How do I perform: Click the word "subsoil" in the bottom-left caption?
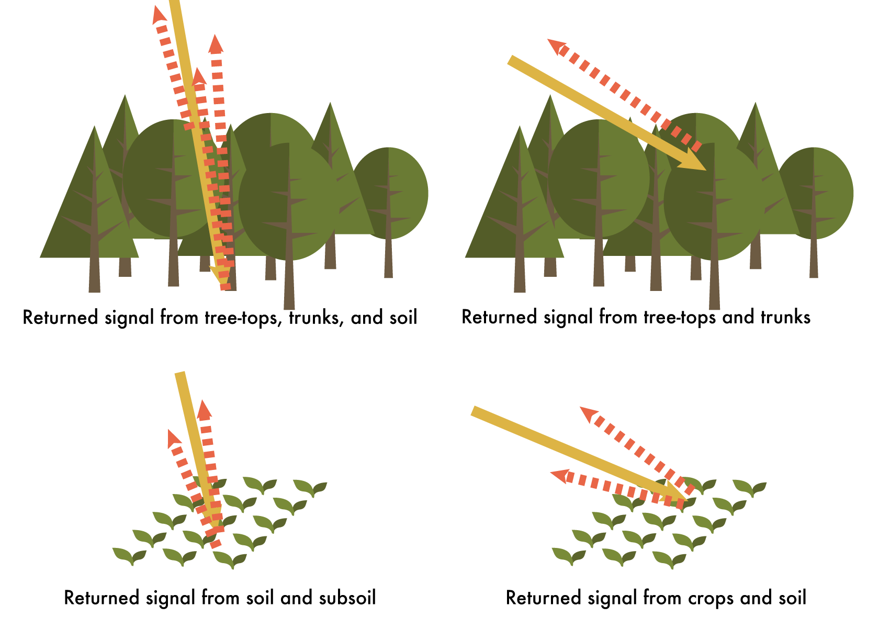pos(347,598)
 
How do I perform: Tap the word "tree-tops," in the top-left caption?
pos(243,318)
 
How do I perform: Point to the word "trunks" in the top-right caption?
pos(786,317)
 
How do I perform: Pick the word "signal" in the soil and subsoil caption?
pos(171,599)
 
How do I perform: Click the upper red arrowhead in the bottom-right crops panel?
pos(589,414)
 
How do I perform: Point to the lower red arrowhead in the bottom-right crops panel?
pos(559,476)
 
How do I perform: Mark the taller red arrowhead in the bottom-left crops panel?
pos(205,409)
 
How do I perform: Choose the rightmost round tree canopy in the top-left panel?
pos(390,193)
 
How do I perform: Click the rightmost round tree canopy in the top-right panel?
pos(815,193)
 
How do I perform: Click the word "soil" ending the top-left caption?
pos(403,318)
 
